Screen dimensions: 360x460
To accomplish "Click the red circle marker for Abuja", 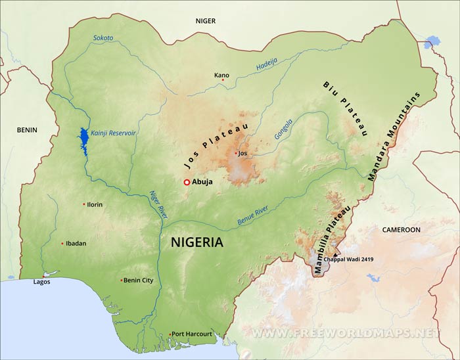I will point(187,182).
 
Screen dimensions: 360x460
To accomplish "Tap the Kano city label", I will point(222,75).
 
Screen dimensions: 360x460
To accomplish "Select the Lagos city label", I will point(41,282).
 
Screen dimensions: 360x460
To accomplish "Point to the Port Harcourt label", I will point(192,334).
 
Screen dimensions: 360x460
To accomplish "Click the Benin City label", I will point(139,281).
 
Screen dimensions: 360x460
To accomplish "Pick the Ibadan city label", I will point(76,243).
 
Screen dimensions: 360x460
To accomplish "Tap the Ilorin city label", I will point(95,204).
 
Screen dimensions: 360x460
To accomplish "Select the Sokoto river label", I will point(103,38).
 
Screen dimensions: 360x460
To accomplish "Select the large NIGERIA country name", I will point(197,242).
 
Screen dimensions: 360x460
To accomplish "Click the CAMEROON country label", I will point(401,230).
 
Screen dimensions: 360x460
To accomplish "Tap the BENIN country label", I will point(28,130).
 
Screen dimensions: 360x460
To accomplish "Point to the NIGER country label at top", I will point(205,21).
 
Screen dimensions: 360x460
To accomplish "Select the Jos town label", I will point(244,153).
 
